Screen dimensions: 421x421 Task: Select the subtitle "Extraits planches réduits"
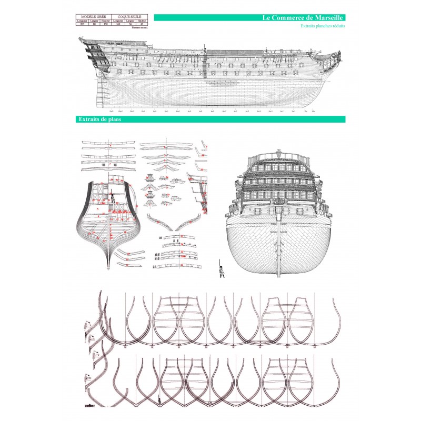pyautogui.click(x=323, y=26)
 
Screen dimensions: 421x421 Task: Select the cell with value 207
pyautogui.click(x=81, y=24)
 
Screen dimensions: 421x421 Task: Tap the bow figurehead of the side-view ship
pyautogui.click(x=337, y=57)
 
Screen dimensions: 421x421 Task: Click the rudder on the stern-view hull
pyautogui.click(x=279, y=247)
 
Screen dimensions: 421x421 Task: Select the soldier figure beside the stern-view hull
pyautogui.click(x=219, y=267)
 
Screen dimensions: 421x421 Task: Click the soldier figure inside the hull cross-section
pyautogui.click(x=112, y=199)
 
